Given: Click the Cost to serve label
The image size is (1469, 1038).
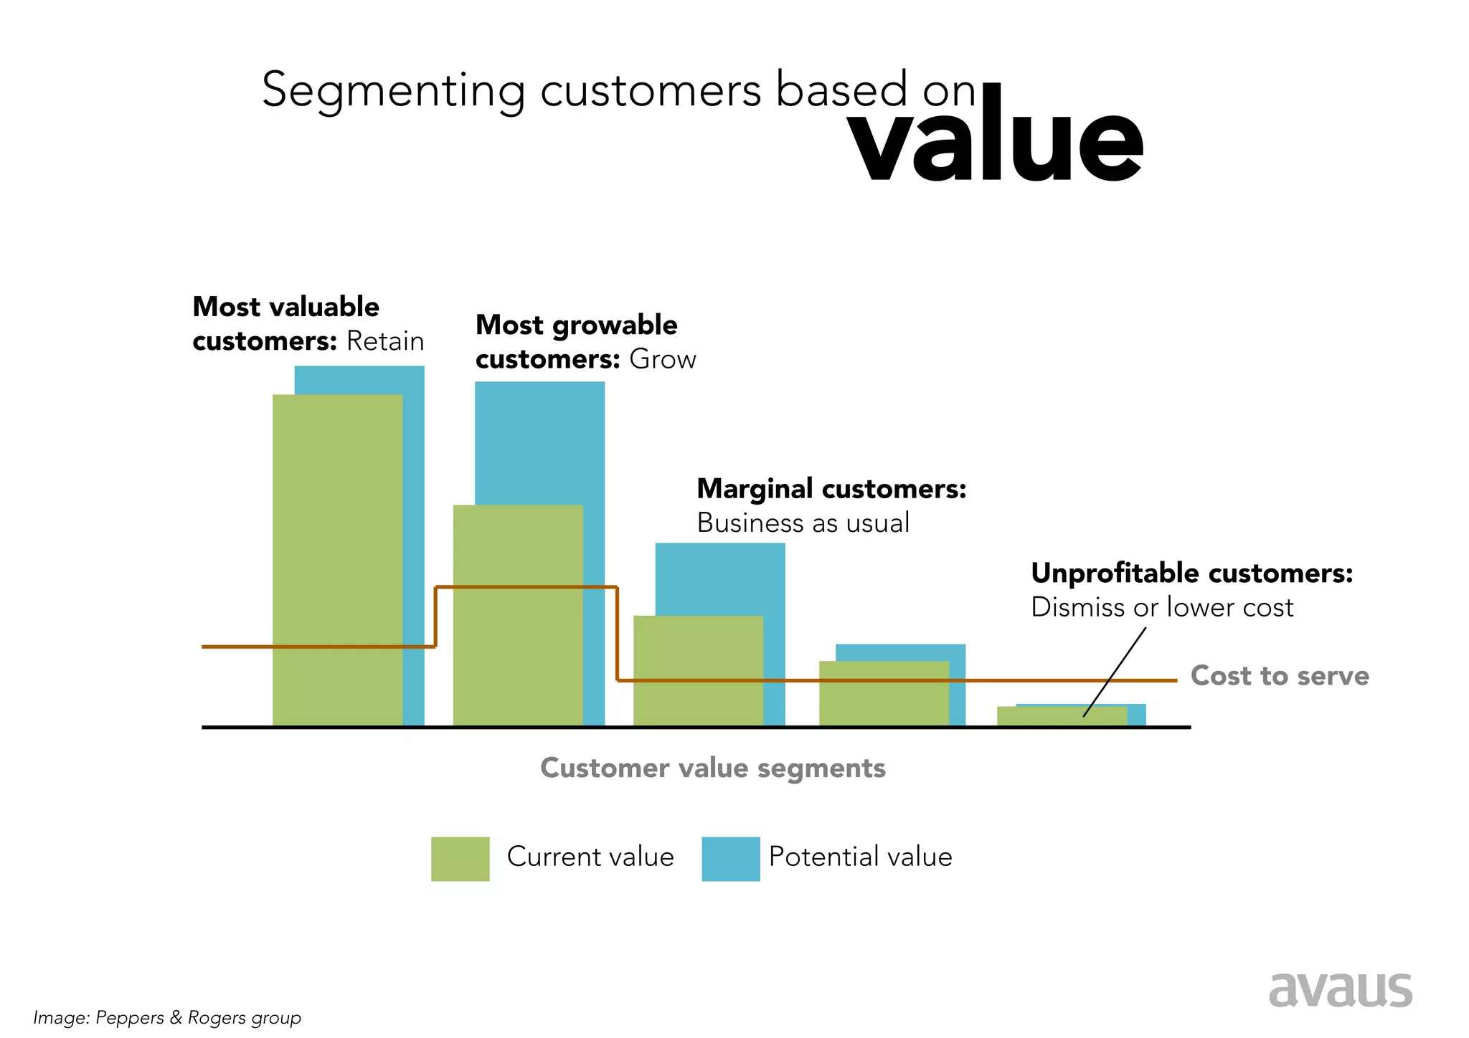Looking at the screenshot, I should pyautogui.click(x=1279, y=676).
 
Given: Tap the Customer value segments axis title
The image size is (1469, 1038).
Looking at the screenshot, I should pyautogui.click(x=712, y=768).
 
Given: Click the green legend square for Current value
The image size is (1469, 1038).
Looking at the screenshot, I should pyautogui.click(x=460, y=859).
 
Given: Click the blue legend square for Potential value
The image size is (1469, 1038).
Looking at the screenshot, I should pyautogui.click(x=730, y=859).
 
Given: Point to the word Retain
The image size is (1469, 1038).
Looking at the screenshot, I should pyautogui.click(x=385, y=341).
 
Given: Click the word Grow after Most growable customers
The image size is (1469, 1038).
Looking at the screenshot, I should pyautogui.click(x=662, y=359).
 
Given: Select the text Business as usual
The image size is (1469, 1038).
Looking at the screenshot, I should pyautogui.click(x=803, y=523).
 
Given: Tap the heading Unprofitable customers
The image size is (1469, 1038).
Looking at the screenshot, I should pyautogui.click(x=1191, y=573).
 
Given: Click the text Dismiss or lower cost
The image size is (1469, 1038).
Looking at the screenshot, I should pyautogui.click(x=1161, y=607).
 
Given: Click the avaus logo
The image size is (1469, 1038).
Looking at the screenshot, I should pyautogui.click(x=1339, y=990).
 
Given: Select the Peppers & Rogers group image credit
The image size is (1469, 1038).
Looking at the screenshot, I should pyautogui.click(x=167, y=1017).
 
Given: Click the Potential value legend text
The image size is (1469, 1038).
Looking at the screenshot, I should pyautogui.click(x=860, y=857).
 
